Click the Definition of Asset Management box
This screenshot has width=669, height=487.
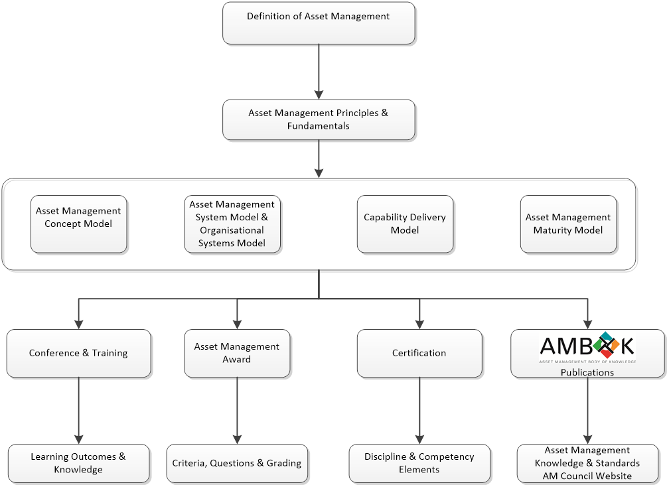(x=319, y=23)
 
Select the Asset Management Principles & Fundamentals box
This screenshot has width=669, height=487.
(x=319, y=119)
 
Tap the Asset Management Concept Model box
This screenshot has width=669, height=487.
(x=78, y=224)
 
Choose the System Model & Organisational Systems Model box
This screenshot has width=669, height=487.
(x=232, y=224)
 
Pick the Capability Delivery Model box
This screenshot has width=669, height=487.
(x=405, y=224)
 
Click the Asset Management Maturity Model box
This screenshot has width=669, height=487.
(x=568, y=224)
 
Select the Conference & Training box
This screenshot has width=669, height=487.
(x=78, y=353)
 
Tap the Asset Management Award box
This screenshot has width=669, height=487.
(x=237, y=353)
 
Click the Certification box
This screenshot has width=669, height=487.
(x=419, y=353)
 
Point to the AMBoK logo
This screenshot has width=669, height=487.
(x=587, y=346)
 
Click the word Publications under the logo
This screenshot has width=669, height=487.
(x=587, y=372)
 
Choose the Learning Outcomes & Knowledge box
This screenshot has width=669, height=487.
(x=78, y=463)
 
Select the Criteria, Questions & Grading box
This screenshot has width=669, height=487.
(x=237, y=463)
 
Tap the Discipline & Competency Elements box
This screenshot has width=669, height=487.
(x=419, y=463)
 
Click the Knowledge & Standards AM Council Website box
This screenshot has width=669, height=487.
(x=587, y=463)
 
